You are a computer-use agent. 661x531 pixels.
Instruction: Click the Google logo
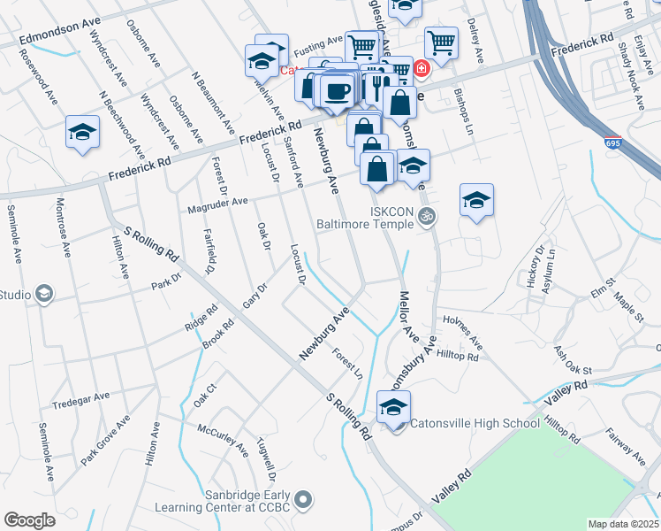pos(29,520)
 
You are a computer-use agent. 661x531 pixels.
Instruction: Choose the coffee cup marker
pos(336,90)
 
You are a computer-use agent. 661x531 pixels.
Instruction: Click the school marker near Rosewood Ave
pos(82,133)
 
